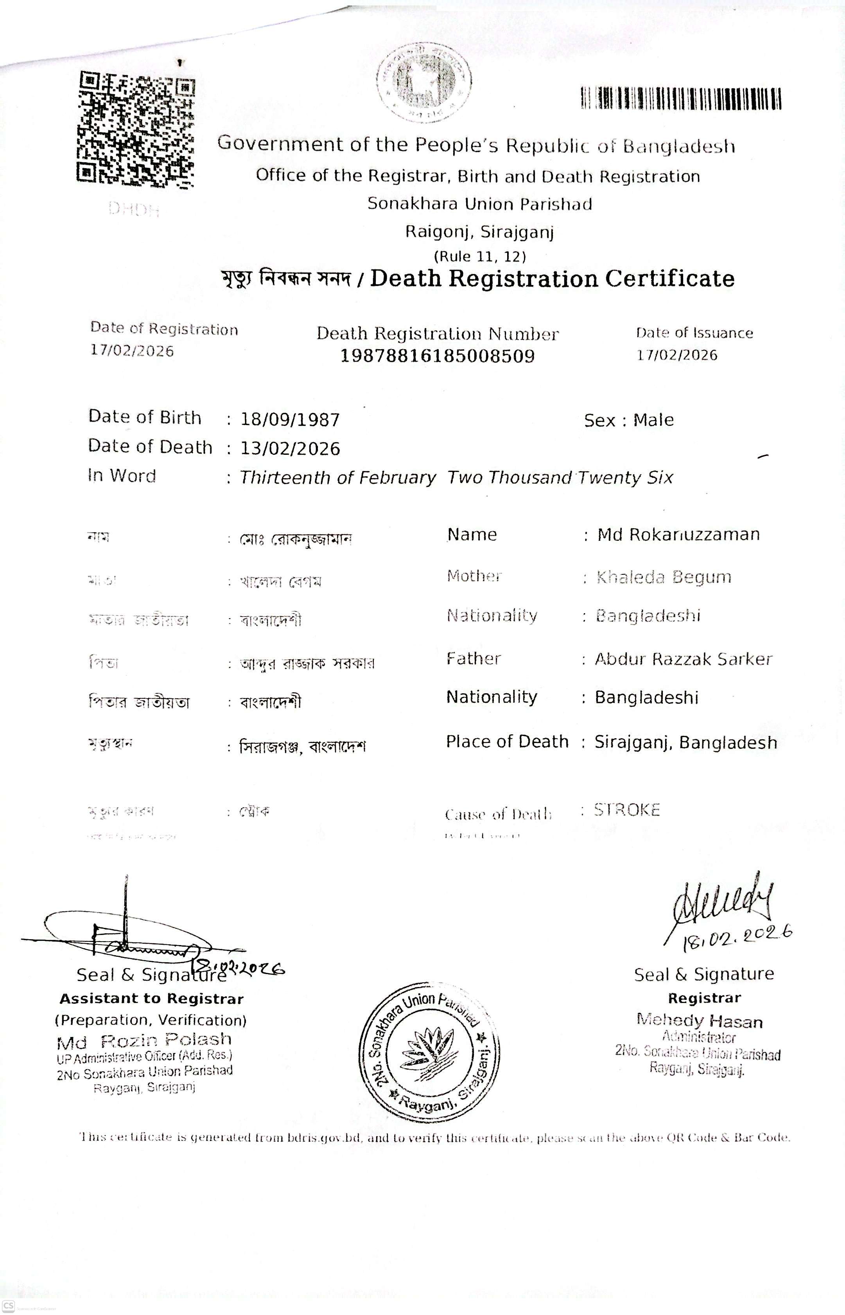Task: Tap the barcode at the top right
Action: (681, 99)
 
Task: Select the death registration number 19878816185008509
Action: (437, 356)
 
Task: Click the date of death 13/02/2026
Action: (290, 449)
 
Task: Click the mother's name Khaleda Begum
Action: (664, 577)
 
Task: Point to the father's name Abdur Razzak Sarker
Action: (684, 659)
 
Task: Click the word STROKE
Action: (627, 810)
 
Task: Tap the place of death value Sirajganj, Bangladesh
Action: (686, 742)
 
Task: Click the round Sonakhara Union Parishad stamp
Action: (430, 1053)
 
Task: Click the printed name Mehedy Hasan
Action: (700, 1021)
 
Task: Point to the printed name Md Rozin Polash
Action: (144, 1040)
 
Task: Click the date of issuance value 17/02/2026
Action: (676, 355)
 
